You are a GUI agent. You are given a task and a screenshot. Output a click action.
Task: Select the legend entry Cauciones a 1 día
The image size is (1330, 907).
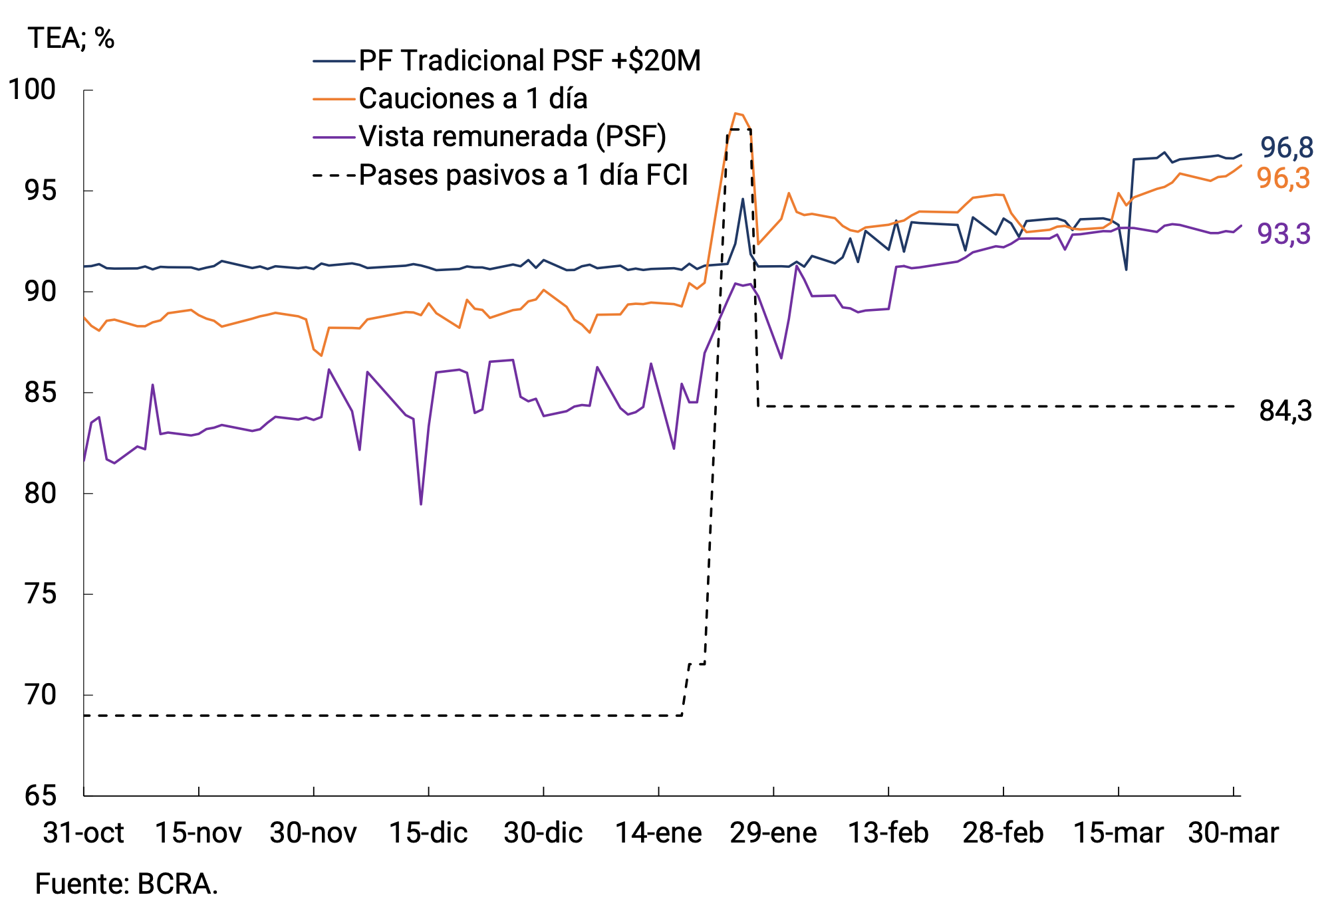pos(473,98)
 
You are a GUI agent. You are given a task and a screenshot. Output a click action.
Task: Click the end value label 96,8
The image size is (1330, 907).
pos(1287,148)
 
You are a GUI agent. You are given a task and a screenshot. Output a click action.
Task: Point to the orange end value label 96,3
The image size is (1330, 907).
pos(1283,178)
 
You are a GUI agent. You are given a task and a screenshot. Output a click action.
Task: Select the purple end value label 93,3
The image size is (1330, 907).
pos(1283,234)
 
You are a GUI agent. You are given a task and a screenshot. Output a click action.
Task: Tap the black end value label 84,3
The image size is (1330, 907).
pos(1285,411)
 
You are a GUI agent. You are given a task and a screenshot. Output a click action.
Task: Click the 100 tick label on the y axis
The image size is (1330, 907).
pos(32,90)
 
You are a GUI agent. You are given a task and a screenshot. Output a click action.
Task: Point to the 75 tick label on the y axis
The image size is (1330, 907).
pos(40,593)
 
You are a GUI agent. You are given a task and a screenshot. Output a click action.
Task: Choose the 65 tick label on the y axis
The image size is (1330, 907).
pos(40,795)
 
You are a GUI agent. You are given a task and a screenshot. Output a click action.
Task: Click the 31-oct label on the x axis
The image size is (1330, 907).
pos(84,833)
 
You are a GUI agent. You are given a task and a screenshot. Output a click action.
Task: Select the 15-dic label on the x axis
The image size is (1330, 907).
pos(428,833)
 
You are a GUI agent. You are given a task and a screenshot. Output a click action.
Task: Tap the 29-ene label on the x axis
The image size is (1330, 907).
pos(773,833)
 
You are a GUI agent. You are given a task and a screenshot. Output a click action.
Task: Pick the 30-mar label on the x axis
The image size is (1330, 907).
pos(1233,833)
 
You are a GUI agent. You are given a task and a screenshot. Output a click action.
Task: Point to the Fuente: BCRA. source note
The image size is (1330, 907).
pos(126,884)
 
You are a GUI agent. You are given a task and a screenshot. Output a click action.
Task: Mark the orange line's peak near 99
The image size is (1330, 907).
pos(735,114)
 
